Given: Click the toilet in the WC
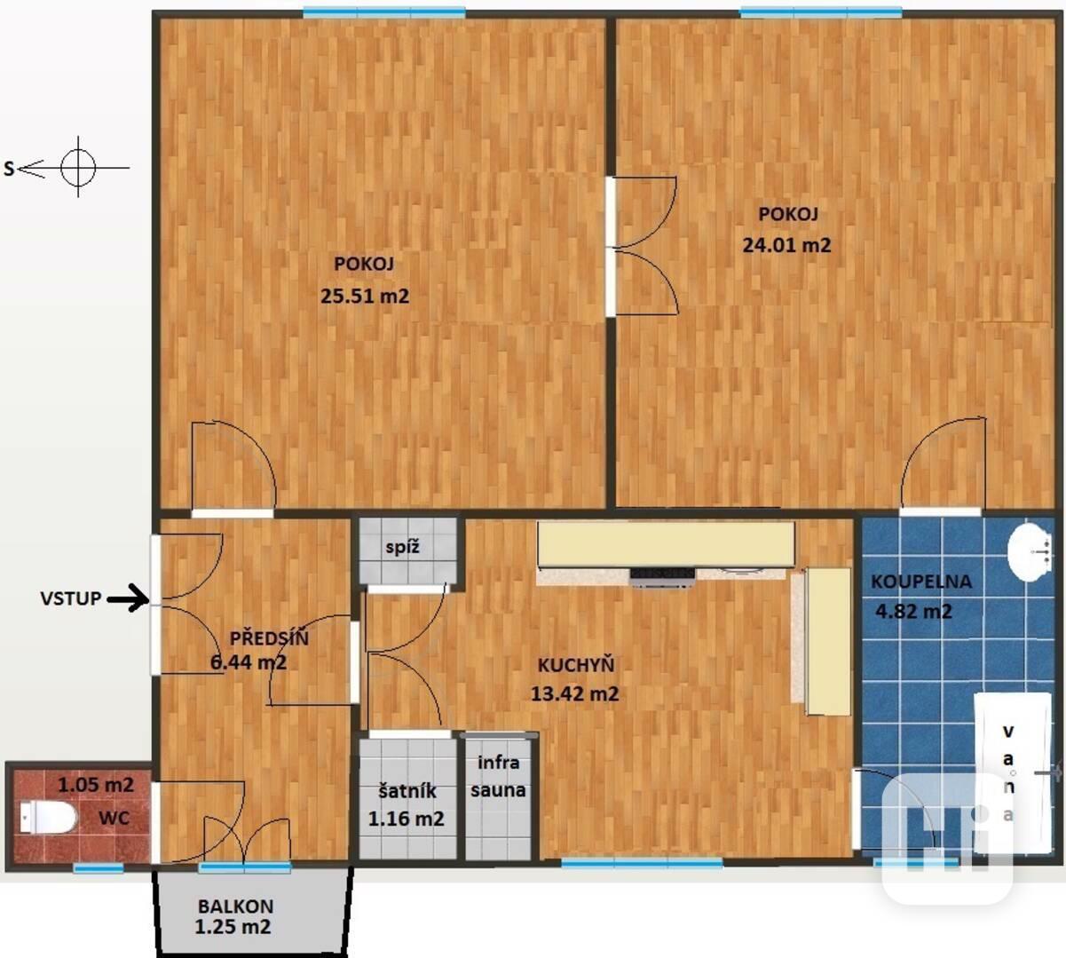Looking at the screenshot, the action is [49, 818].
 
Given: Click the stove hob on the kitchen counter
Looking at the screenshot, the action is [662, 577].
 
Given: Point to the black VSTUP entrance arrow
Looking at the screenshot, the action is [128, 598].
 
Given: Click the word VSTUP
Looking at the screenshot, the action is [71, 598].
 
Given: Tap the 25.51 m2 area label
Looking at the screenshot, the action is [365, 296].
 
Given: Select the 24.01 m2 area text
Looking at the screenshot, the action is [786, 245].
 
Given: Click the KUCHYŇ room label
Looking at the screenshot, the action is [576, 665].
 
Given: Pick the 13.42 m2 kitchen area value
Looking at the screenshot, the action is [574, 693].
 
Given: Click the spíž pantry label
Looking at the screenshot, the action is [402, 548].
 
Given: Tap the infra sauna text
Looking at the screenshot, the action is [498, 776].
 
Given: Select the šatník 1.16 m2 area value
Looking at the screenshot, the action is [407, 819].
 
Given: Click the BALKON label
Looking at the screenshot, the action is [236, 907].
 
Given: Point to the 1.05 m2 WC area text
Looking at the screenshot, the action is [96, 785].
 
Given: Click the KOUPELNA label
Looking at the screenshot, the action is [920, 582].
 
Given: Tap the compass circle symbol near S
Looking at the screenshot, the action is [78, 168].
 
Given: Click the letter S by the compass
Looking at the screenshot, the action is [9, 169].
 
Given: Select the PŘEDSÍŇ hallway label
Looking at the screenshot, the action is [269, 638].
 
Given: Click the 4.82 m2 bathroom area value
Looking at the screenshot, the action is [914, 611].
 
